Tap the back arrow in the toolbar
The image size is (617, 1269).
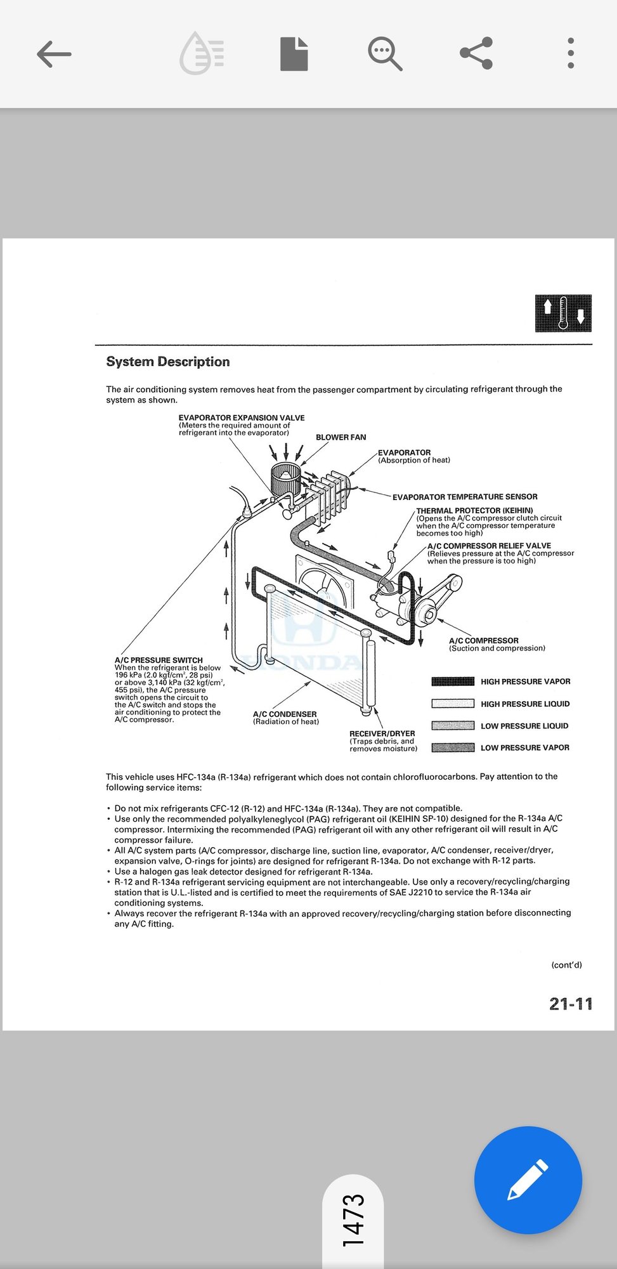(54, 54)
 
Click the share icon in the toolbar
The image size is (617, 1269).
(476, 53)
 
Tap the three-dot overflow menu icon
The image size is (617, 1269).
(571, 53)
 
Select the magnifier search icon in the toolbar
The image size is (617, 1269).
(385, 53)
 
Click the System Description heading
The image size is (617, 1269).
(168, 362)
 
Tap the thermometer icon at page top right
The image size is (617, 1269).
(563, 313)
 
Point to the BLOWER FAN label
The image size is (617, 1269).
(341, 437)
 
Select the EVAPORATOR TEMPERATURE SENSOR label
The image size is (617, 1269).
(465, 497)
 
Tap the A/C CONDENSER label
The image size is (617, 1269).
(285, 714)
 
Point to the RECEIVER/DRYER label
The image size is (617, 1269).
(382, 733)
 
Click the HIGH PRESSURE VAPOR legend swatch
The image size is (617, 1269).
(453, 681)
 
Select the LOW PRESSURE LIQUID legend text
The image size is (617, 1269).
(524, 726)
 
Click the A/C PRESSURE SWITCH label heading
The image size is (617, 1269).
(159, 660)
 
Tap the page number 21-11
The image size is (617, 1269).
(571, 1004)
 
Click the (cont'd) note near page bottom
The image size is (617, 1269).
(566, 965)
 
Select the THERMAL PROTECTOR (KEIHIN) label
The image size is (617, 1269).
(474, 510)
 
